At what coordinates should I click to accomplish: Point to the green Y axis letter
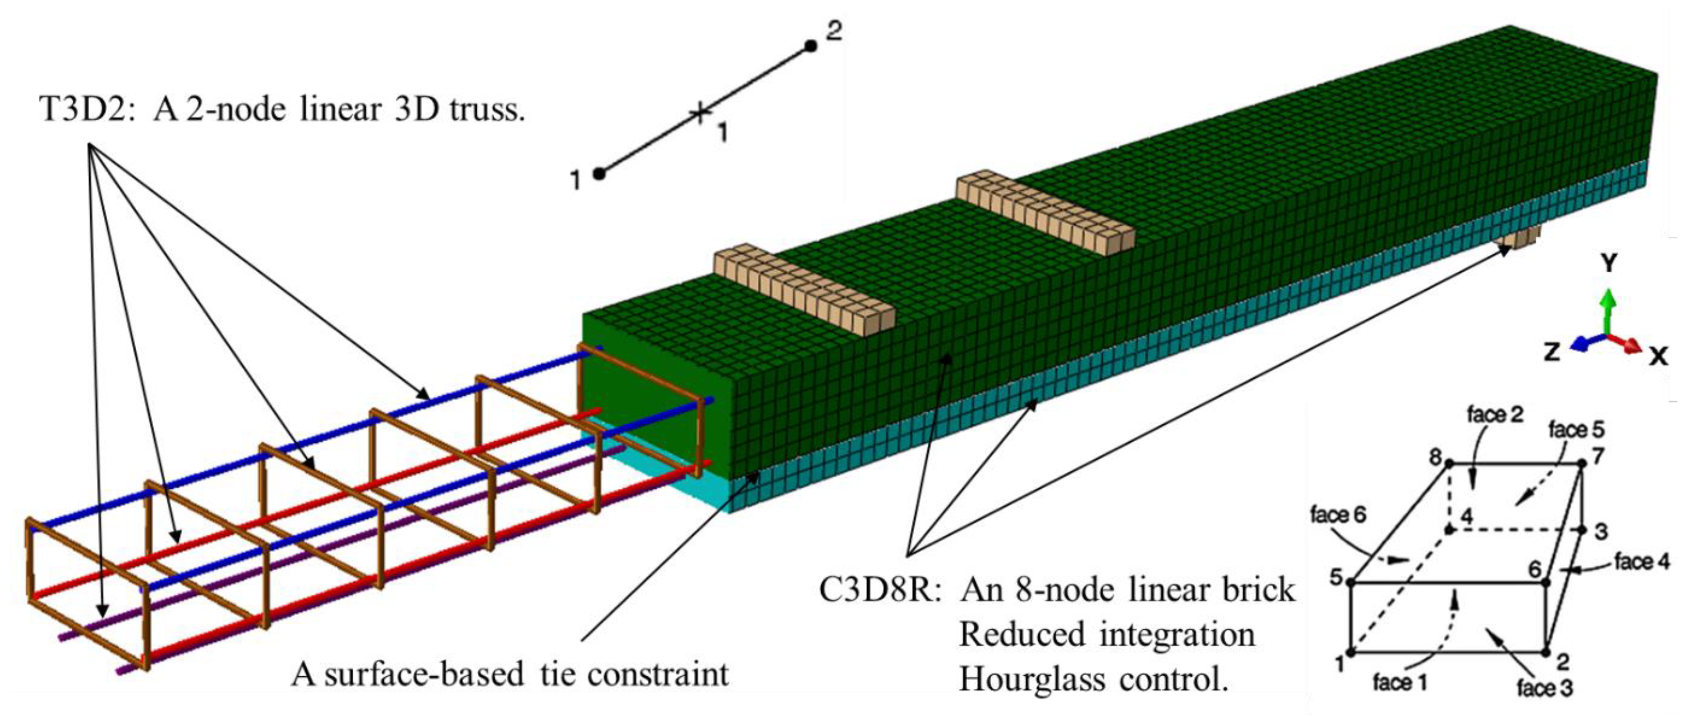pyautogui.click(x=1609, y=264)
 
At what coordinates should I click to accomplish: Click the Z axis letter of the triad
pyautogui.click(x=1551, y=353)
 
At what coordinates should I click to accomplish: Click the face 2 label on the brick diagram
pyautogui.click(x=1494, y=414)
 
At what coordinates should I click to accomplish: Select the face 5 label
pyautogui.click(x=1576, y=429)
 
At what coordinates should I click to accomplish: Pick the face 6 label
pyautogui.click(x=1338, y=515)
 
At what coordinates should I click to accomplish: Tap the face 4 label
pyautogui.click(x=1642, y=561)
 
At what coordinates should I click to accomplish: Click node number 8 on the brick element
pyautogui.click(x=1436, y=458)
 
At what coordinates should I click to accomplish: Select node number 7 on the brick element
pyautogui.click(x=1597, y=456)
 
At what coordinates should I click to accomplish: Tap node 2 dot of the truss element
pyautogui.click(x=810, y=46)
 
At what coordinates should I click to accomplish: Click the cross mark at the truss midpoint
pyautogui.click(x=700, y=113)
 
